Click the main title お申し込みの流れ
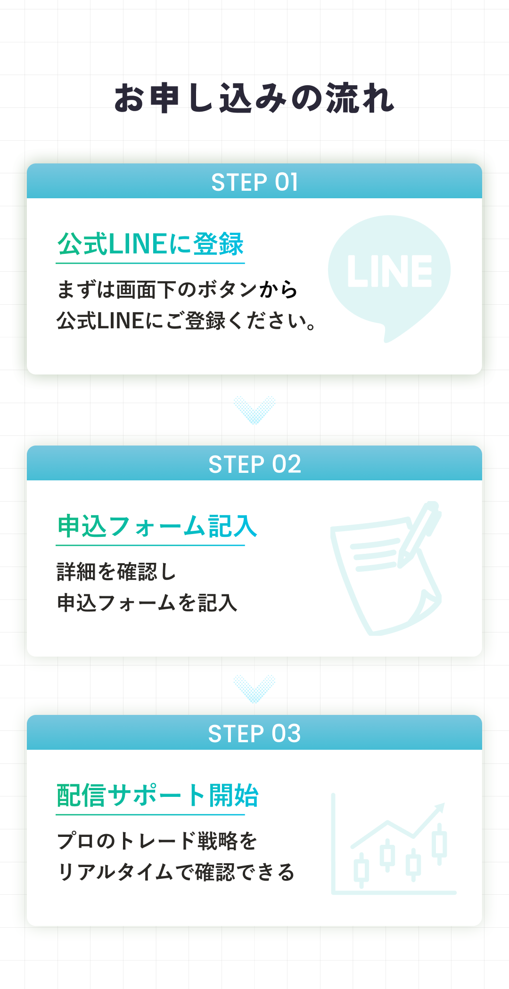pos(254,98)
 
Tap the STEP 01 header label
pos(254,182)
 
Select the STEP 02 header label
pos(254,464)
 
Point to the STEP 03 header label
pos(254,734)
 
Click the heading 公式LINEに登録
pos(150,244)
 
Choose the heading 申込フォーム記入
pos(157,527)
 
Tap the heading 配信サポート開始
pos(157,796)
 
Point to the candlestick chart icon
pos(394,844)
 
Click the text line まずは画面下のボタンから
pos(177,290)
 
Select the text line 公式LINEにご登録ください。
pos(187,321)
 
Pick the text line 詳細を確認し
pos(116,572)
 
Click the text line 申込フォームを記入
pos(147,603)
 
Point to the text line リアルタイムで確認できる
pos(176,872)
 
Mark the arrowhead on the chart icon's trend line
pos(440,809)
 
